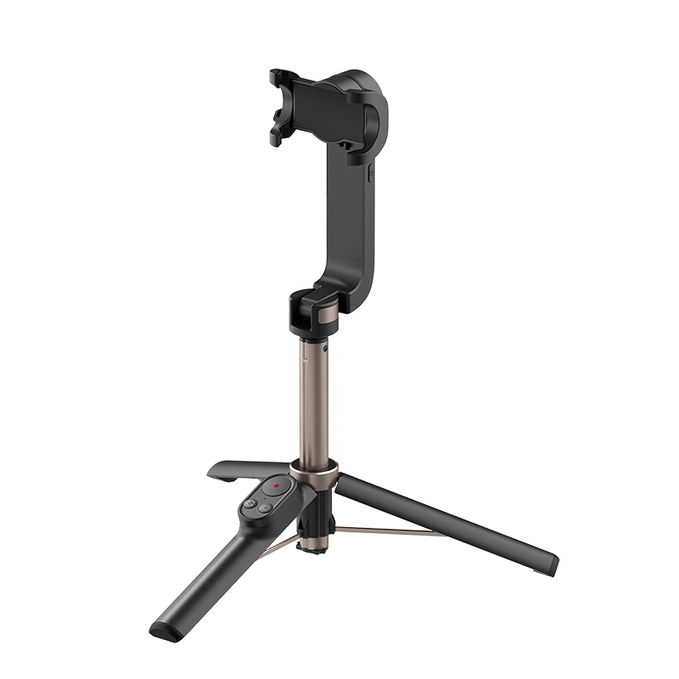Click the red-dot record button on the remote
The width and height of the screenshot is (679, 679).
pos(275,487)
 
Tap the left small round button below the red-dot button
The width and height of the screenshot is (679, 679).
pos(252,504)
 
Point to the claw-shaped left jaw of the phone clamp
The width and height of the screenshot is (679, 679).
pos(279,102)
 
